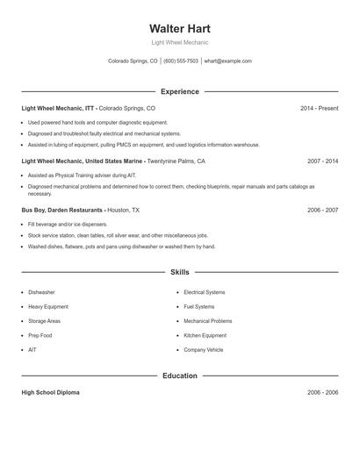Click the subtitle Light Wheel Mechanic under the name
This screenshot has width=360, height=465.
pos(179,42)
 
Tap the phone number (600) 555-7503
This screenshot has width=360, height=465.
pos(180,61)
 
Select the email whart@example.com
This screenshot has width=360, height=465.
pos(228,61)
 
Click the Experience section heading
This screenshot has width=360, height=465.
pos(179,91)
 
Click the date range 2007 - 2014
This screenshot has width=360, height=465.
pos(322,161)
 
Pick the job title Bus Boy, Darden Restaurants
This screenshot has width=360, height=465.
pos(62,211)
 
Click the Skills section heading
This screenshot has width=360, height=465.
pos(179,273)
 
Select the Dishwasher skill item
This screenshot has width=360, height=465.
pos(41,292)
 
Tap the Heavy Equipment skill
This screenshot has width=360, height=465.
pos(48,307)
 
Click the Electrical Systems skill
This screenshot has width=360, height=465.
pos(204,292)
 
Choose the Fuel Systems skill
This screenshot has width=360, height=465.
pos(198,307)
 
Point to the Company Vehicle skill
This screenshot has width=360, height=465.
pos(203,350)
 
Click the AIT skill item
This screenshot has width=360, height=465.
pos(33,350)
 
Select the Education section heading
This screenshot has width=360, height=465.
pos(179,376)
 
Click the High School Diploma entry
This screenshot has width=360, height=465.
pos(50,392)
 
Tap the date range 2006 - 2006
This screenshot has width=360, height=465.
pos(322,392)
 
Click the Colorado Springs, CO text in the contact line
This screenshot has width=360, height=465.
pos(133,61)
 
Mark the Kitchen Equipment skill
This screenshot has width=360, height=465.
pos(205,335)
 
